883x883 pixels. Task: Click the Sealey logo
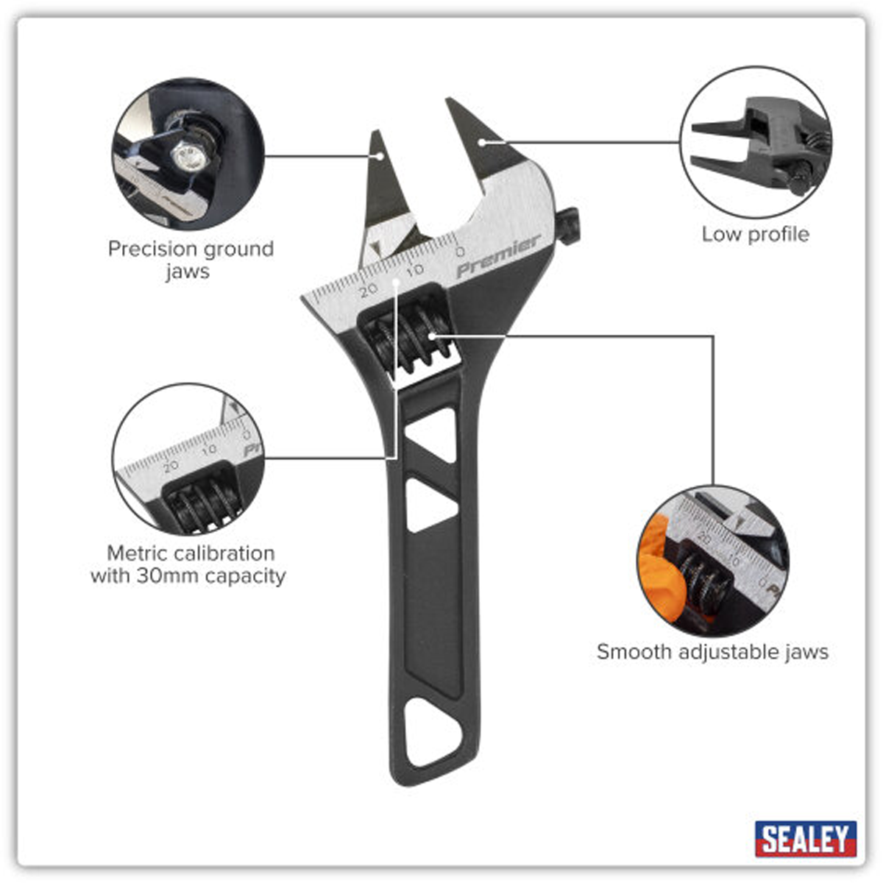pos(805,839)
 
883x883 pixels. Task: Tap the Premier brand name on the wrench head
pos(498,256)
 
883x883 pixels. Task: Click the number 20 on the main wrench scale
pos(368,289)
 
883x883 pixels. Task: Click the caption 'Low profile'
pos(755,234)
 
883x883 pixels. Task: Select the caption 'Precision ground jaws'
pos(190,260)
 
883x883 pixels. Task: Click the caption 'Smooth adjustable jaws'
pos(712,652)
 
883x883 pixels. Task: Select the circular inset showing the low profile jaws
pos(756,143)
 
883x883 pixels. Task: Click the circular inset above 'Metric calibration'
pos(188,459)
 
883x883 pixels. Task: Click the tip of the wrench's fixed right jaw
pos(450,103)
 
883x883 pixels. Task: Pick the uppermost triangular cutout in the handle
pos(429,434)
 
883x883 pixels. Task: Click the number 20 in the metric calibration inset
pos(171,466)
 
